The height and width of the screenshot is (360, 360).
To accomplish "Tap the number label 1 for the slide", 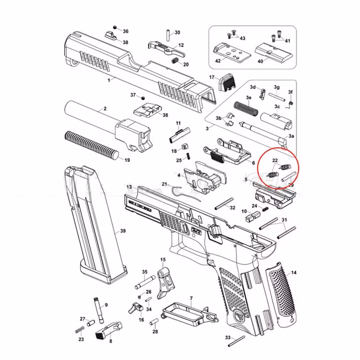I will pyautogui.click(x=109, y=80).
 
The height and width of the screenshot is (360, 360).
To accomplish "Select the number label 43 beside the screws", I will pyautogui.click(x=242, y=38).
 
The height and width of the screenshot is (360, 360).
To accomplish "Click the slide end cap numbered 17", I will pyautogui.click(x=226, y=84).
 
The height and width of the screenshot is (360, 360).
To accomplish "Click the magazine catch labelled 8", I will pyautogui.click(x=106, y=331).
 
